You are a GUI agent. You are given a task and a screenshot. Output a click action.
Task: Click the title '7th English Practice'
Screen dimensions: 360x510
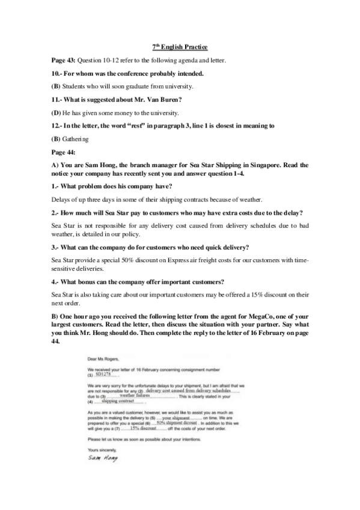pos(180,47)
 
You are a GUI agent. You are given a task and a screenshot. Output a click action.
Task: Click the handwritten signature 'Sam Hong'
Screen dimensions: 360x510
pos(103,458)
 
